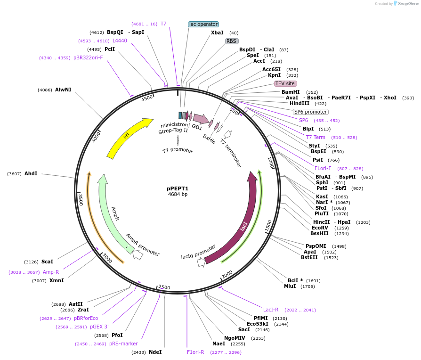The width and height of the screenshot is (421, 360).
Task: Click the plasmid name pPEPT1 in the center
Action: click(178, 188)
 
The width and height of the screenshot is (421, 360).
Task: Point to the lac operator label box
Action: click(203, 24)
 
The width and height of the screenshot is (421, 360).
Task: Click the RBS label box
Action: click(231, 41)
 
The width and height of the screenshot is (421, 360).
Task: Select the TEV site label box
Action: click(285, 83)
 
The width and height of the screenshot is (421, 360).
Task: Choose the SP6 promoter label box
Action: click(310, 112)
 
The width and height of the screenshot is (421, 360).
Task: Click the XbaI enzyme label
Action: click(217, 33)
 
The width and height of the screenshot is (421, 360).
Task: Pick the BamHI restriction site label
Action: click(291, 92)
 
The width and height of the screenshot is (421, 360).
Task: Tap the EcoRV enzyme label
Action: click(320, 228)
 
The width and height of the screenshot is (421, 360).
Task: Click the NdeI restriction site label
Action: click(155, 352)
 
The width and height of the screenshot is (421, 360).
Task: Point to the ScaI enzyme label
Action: click(47, 262)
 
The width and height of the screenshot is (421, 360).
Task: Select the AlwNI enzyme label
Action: click(63, 89)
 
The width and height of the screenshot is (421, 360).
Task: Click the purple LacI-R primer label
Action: click(271, 310)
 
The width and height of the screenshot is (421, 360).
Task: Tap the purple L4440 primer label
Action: click(120, 41)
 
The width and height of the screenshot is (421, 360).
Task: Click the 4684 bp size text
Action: click(178, 194)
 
